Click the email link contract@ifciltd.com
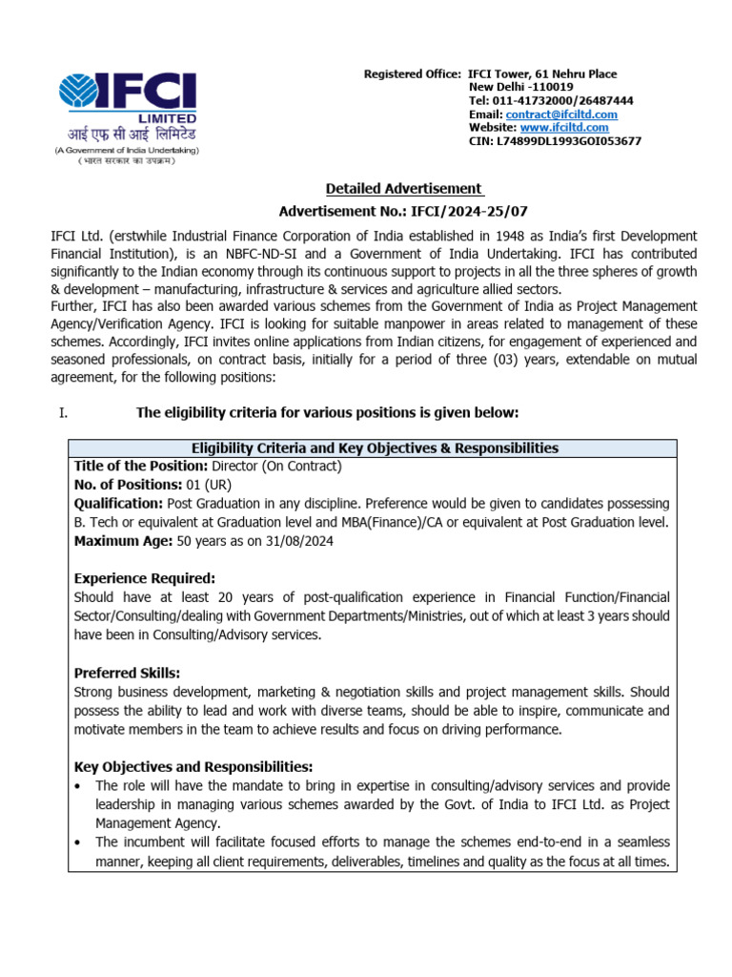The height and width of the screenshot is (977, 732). pyautogui.click(x=561, y=114)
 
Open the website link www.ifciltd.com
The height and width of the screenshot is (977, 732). pyautogui.click(x=564, y=127)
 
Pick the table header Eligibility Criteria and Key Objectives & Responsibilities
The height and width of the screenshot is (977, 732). pyautogui.click(x=375, y=447)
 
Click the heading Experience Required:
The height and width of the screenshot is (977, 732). pyautogui.click(x=145, y=578)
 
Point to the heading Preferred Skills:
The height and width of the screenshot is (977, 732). pyautogui.click(x=127, y=672)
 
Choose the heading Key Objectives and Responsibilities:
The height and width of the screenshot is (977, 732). pyautogui.click(x=193, y=766)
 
